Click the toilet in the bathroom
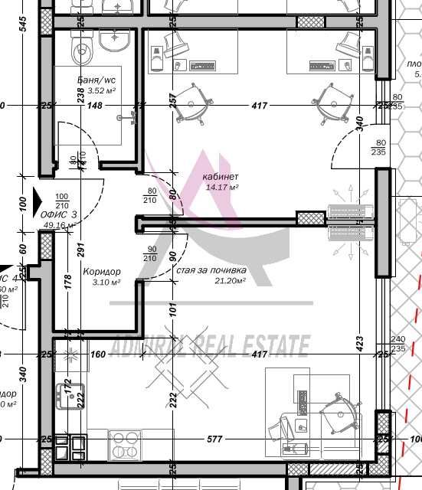81,52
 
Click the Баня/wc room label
97,80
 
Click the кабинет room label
220,177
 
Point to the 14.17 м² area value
221,188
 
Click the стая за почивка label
211,270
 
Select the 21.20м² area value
227,281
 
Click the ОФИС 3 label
59,215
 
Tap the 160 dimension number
97,354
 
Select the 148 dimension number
94,106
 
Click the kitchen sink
65,393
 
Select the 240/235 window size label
397,344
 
